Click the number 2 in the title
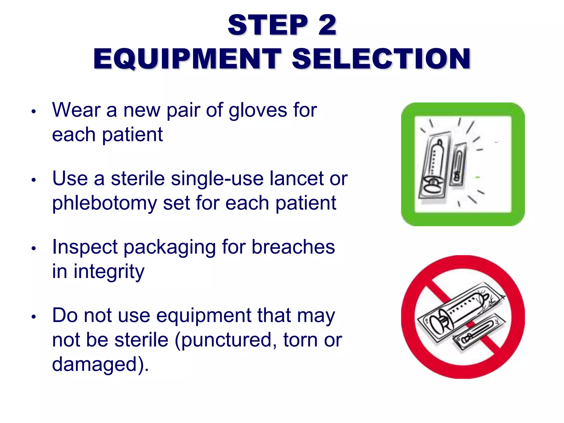(327, 25)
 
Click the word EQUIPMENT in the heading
(187, 59)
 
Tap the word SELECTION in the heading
(381, 59)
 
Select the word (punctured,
(226, 340)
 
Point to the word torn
(300, 340)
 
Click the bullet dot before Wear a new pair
(34, 112)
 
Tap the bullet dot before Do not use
(34, 317)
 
